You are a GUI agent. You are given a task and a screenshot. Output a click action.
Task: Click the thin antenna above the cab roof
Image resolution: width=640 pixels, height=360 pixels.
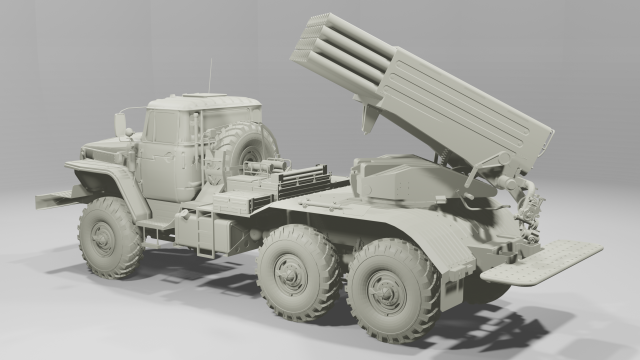(210, 75)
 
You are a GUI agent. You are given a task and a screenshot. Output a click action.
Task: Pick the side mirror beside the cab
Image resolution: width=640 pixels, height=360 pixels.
(121, 123)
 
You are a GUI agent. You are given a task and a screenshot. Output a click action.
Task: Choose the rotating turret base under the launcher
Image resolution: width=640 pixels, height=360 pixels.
(400, 180)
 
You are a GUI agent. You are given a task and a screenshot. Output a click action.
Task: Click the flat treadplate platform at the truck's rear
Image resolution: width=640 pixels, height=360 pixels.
(540, 261)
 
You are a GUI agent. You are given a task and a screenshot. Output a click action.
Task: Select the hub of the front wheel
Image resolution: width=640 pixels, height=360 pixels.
(103, 237)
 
